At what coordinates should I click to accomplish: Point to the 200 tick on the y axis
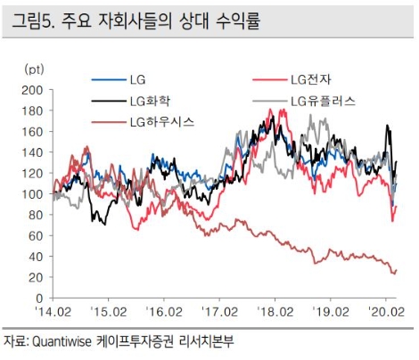coord(33,90)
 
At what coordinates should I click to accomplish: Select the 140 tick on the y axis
coord(33,152)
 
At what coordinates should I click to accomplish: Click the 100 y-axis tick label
coord(33,194)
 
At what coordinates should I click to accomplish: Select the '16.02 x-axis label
coord(163,313)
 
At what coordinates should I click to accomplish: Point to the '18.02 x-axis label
coord(275,313)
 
